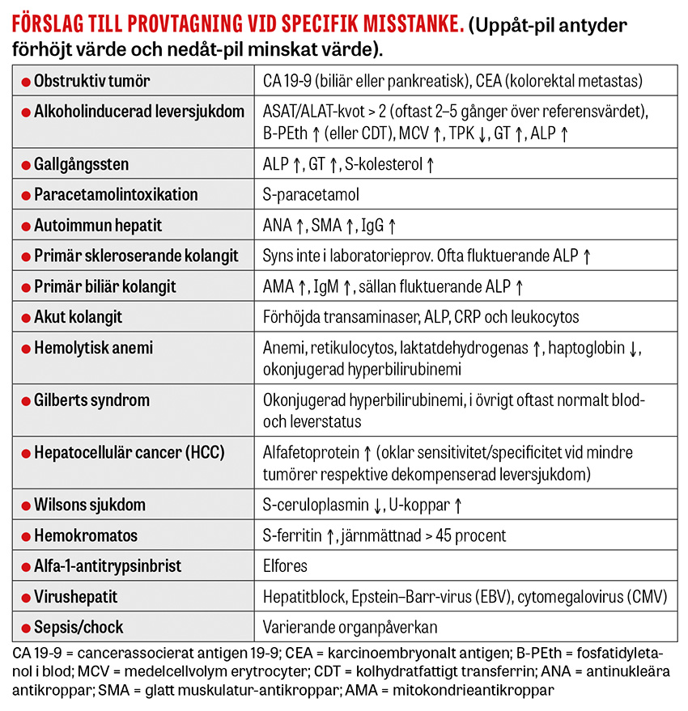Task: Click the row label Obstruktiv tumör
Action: pyautogui.click(x=91, y=81)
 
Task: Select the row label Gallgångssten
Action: pyautogui.click(x=81, y=164)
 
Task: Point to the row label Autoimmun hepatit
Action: pyautogui.click(x=98, y=226)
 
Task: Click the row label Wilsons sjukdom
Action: pyautogui.click(x=89, y=505)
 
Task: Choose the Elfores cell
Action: pyautogui.click(x=285, y=566)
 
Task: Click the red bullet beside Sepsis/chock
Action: pyautogui.click(x=25, y=628)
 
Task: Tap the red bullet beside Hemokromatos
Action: pyautogui.click(x=25, y=535)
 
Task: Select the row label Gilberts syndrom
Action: pyautogui.click(x=91, y=400)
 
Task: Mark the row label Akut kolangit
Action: pyautogui.click(x=78, y=317)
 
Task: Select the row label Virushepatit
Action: pyautogui.click(x=75, y=597)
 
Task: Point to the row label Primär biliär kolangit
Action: pyautogui.click(x=104, y=286)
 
